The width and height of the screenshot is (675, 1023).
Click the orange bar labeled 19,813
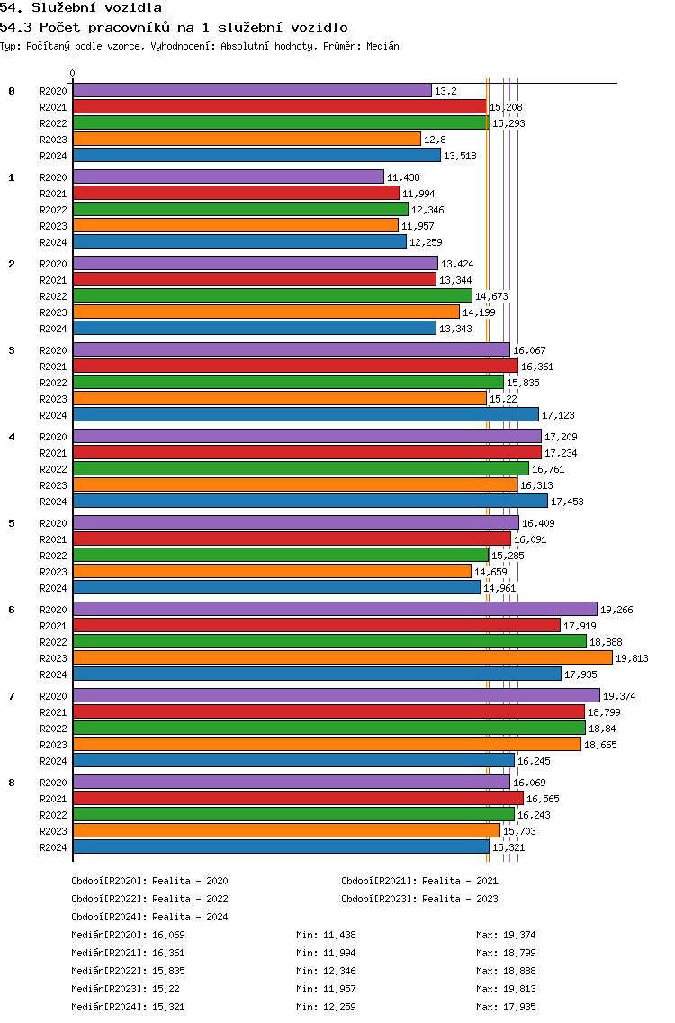point(342,657)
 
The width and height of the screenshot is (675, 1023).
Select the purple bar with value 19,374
point(337,695)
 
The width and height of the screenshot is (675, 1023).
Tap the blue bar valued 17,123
point(306,414)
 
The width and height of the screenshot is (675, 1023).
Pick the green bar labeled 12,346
point(240,210)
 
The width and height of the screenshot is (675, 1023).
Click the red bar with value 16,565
point(298,798)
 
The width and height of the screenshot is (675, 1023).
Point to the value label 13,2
point(446,91)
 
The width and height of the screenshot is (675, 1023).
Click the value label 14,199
point(479,312)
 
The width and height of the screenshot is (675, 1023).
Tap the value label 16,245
point(534,761)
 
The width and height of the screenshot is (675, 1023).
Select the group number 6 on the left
point(12,610)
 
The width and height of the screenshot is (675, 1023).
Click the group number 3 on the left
point(12,350)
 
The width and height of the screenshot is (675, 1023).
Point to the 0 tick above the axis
point(72,73)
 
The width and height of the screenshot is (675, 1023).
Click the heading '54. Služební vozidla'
point(81,8)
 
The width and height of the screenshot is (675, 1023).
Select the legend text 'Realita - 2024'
point(191,917)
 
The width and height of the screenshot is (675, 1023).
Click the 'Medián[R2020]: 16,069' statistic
point(128,935)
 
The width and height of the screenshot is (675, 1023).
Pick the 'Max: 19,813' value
point(506,989)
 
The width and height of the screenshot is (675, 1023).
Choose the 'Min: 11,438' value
point(326,935)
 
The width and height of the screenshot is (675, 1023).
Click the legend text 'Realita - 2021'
point(461,881)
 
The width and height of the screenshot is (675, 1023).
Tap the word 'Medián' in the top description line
point(382,46)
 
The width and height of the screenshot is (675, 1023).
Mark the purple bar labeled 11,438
point(229,177)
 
